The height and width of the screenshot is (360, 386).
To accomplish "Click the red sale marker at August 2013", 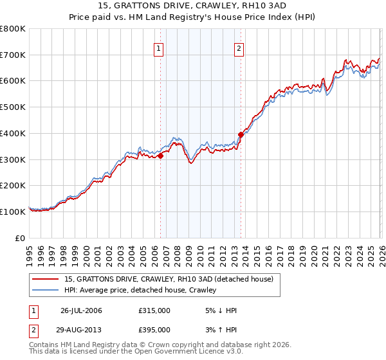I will coord(241,134).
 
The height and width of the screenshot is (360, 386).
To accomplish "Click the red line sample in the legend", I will coord(46,279).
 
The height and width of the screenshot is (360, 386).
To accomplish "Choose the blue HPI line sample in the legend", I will coord(46,290).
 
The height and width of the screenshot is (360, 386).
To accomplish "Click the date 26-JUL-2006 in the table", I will coord(81,310).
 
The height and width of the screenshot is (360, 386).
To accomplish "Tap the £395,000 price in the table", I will coord(154,329).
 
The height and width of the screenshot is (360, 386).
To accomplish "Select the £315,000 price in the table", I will coord(154,310).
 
